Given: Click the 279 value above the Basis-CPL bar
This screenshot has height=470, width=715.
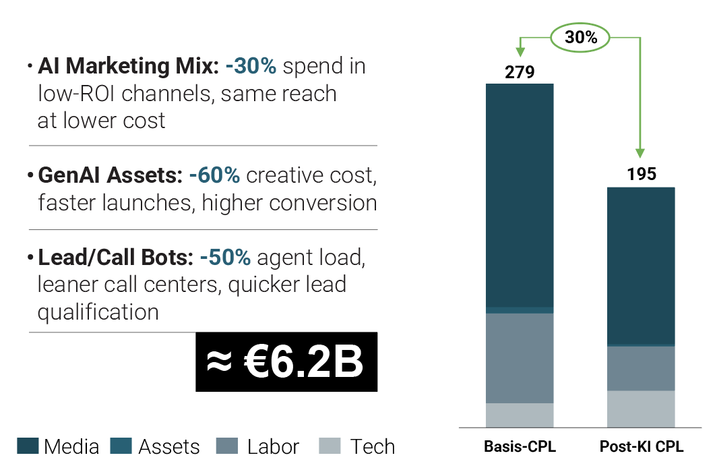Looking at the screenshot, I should (520, 71).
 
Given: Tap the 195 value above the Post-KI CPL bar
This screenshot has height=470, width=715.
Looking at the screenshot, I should (641, 175).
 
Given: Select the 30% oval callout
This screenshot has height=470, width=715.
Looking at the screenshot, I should (581, 38).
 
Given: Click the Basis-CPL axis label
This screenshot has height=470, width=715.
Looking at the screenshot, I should (520, 447).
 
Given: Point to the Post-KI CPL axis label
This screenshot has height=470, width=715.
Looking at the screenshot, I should (641, 447).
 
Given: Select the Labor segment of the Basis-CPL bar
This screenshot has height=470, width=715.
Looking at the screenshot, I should (520, 357).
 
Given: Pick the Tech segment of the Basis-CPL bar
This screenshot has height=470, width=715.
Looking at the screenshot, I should (520, 415).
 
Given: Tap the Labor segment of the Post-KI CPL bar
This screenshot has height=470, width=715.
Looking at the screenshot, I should (641, 368).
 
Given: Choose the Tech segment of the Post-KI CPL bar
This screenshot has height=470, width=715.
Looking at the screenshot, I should (641, 409).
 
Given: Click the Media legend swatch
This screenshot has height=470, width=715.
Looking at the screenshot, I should (28, 446).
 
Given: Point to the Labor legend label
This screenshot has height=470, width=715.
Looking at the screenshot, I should (273, 446).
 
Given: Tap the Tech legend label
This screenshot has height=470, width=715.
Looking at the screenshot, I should (372, 446).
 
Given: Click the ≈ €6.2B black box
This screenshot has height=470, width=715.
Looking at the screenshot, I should (286, 362).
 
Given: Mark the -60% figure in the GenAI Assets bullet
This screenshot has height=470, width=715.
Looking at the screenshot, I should (214, 175).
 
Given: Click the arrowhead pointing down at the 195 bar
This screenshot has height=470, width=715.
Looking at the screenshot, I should (640, 152).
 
